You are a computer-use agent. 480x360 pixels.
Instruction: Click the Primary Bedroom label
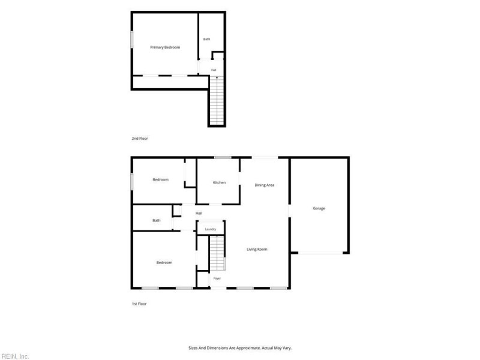click(x=165, y=47)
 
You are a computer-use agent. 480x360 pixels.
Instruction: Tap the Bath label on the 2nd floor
click(x=207, y=39)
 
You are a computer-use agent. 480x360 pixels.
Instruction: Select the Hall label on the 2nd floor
click(x=214, y=70)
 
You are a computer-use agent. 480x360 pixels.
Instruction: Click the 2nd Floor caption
click(x=140, y=139)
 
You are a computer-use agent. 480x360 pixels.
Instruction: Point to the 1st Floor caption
click(x=139, y=304)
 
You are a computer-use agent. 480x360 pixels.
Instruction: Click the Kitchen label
click(x=219, y=182)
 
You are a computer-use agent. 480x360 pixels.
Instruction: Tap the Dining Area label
click(x=265, y=185)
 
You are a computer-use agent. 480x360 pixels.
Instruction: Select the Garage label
click(x=319, y=208)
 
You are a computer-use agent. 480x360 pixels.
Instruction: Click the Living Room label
click(x=257, y=249)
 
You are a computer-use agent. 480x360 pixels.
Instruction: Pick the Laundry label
click(x=211, y=229)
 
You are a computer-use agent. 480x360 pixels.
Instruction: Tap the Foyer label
click(x=217, y=278)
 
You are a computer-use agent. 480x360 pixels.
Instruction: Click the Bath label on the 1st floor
click(x=157, y=220)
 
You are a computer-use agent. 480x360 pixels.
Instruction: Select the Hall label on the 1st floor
click(x=199, y=214)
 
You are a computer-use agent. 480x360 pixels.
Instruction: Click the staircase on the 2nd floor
click(x=217, y=100)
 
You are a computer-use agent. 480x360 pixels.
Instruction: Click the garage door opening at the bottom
click(x=320, y=253)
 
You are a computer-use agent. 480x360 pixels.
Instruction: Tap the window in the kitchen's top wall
click(x=223, y=158)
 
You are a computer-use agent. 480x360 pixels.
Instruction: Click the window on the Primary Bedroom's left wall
click(x=132, y=39)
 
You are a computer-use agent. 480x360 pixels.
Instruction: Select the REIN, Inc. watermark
click(x=14, y=356)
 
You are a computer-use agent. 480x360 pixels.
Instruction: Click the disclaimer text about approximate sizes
click(x=240, y=348)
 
